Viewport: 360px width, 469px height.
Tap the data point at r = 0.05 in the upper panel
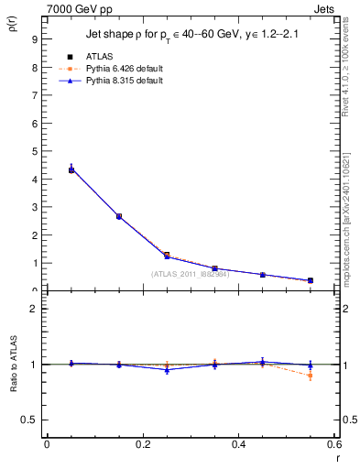(x=71, y=169)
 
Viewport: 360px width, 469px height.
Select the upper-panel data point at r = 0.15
(x=119, y=216)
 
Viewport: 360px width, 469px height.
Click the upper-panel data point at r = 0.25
(x=167, y=256)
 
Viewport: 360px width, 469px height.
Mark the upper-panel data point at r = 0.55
(x=311, y=280)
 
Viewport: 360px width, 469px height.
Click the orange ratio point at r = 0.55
(x=311, y=376)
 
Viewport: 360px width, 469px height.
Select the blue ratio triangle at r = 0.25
(x=167, y=369)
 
